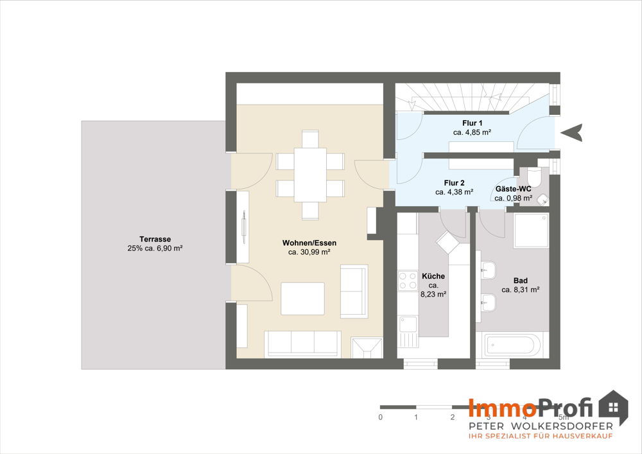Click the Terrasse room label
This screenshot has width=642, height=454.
[x=155, y=240]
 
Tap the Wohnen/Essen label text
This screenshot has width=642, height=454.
[x=309, y=243]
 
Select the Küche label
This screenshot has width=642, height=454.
[x=433, y=276]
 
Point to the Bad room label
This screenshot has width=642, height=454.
[x=521, y=281]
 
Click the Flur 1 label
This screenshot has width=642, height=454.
[x=472, y=123]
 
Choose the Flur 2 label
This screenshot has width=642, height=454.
[x=454, y=183]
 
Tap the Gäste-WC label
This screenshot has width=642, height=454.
[x=514, y=189]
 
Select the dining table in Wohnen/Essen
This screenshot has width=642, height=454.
[x=310, y=175]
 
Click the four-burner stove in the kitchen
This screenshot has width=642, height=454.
[x=408, y=281]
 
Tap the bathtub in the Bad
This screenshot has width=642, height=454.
[x=509, y=345]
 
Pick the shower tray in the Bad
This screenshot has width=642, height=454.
[x=532, y=231]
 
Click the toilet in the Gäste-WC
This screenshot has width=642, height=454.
[x=534, y=176]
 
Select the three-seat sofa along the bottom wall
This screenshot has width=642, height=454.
[x=302, y=344]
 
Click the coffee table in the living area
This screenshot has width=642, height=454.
[x=302, y=299]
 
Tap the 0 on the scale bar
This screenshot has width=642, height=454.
[x=381, y=417]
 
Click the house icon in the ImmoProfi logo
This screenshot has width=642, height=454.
[x=613, y=407]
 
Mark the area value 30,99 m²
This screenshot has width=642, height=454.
[x=309, y=252]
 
